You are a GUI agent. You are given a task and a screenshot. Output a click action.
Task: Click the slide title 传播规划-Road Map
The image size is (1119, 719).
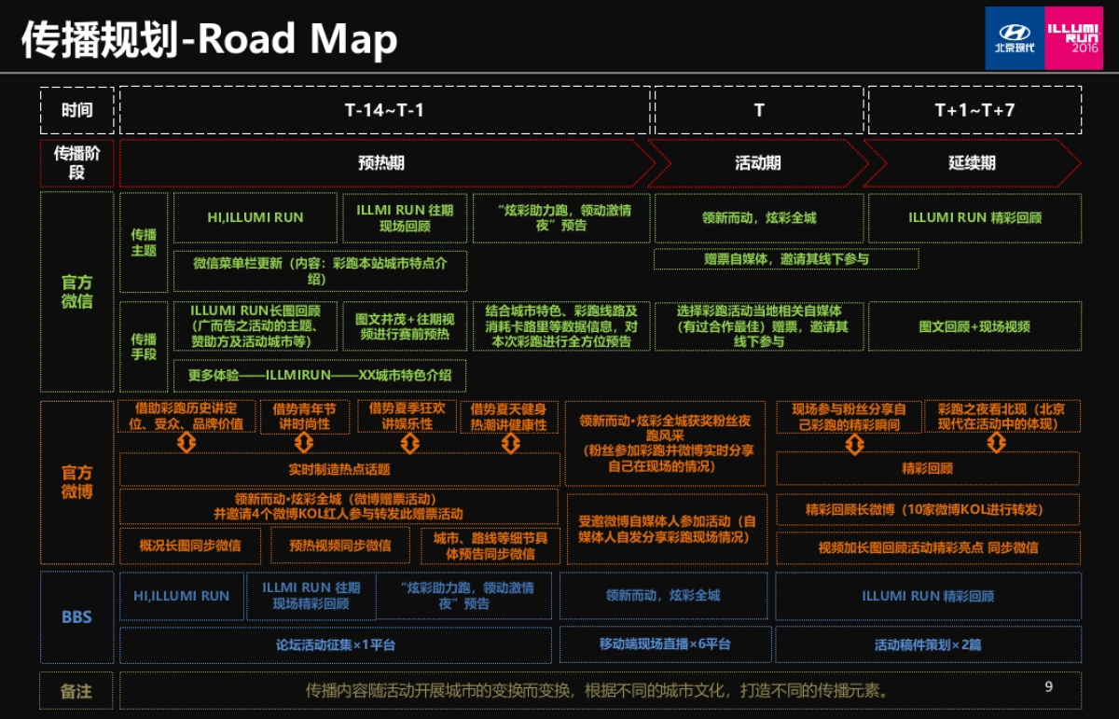209,39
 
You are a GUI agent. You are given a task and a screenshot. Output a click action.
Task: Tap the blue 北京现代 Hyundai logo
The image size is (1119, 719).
1015,37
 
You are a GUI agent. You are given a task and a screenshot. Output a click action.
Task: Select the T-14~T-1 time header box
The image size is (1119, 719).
384,110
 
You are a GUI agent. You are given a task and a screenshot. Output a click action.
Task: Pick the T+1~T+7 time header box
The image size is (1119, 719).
974,110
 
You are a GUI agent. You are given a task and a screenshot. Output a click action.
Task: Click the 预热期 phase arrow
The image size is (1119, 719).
382,163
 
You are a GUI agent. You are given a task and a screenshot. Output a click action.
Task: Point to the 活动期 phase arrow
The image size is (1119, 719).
757,163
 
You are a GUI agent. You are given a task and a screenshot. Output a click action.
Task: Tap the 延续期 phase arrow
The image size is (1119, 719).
972,163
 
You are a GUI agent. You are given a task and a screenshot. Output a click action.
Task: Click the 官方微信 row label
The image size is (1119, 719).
76,291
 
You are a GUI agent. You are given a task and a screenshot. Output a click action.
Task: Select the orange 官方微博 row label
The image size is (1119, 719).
76,482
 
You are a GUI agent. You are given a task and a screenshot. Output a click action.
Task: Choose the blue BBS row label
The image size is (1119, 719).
76,616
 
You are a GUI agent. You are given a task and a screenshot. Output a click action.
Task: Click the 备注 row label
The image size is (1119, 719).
76,691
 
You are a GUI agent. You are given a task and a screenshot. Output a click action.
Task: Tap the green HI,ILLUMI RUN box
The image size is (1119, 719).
255,218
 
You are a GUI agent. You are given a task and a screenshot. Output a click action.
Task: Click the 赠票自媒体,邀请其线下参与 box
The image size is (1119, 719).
785,259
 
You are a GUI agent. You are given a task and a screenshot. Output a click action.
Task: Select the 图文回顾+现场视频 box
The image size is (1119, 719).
974,326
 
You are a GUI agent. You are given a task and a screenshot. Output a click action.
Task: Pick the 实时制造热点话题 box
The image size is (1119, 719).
338,469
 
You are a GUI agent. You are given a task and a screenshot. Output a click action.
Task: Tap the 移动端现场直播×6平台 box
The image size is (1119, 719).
665,644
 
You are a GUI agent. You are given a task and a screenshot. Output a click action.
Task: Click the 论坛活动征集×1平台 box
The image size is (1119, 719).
338,644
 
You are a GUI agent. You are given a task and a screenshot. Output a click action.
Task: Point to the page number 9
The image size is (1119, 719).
1048,687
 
